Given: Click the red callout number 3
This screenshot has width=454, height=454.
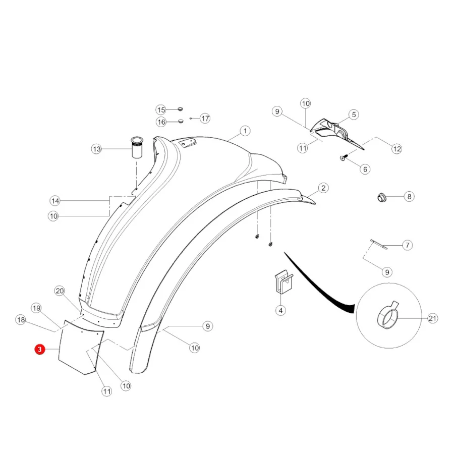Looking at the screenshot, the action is point(40,350).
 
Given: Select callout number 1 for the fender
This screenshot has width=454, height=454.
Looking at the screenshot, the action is point(245,131).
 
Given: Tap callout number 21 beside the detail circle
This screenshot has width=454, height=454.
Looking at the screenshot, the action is point(432,318).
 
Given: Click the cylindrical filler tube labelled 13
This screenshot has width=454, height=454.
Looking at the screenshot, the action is point(137,147).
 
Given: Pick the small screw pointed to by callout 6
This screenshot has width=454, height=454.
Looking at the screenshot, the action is point(343,158).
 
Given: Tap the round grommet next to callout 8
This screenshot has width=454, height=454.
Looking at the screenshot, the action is point(382,198).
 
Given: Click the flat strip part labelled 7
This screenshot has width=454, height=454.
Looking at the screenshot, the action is point(379,244).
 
